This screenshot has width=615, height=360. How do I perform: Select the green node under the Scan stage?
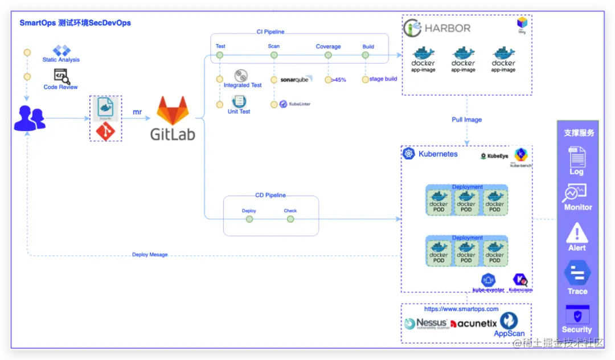point(274,55)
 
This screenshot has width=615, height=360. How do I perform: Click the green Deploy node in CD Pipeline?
point(249,219)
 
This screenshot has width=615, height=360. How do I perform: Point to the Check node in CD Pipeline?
point(290,219)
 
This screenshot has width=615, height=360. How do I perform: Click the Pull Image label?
point(466,120)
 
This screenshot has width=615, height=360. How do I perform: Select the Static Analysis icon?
point(61,51)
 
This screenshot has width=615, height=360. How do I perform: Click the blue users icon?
point(29,118)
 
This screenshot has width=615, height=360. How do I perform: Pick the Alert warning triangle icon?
point(577,232)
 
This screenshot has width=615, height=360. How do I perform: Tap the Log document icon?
point(577,157)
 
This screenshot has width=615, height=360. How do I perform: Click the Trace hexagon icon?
point(577,273)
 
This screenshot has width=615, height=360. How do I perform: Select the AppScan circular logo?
point(509,321)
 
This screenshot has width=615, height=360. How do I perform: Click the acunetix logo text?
point(474,324)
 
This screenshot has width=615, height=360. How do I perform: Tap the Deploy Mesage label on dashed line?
point(150,255)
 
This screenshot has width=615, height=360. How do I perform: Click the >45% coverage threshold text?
point(338,80)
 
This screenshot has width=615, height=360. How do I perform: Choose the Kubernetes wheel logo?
point(408,154)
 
